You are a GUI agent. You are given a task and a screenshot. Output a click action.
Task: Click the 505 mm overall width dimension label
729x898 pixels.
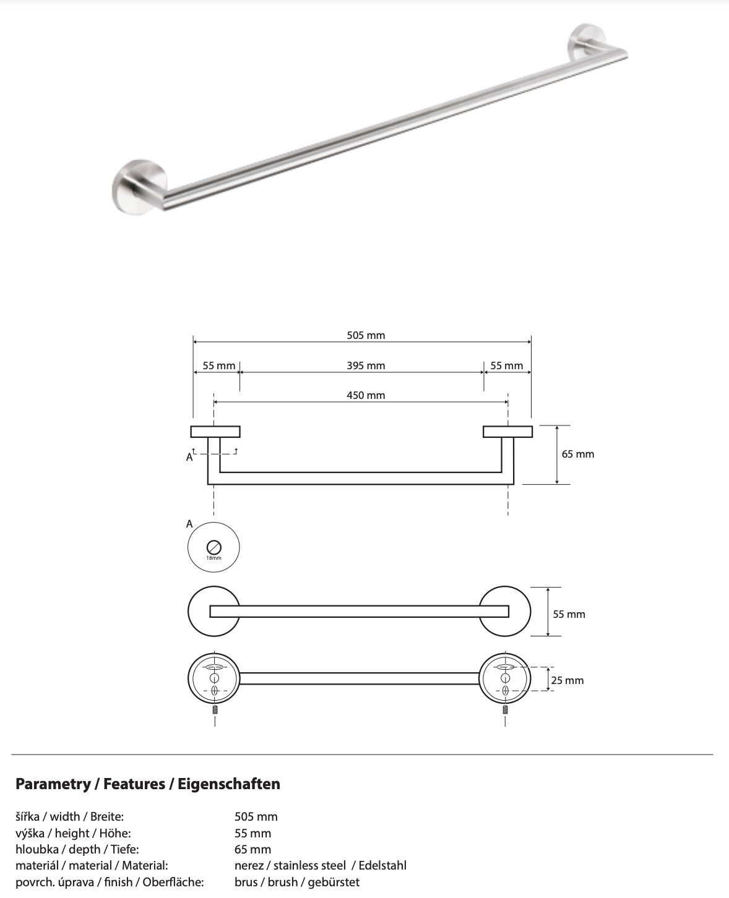click(366, 336)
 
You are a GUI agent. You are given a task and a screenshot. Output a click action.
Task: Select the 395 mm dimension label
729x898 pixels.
click(366, 366)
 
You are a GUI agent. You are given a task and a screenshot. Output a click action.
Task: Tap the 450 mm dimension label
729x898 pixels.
click(366, 396)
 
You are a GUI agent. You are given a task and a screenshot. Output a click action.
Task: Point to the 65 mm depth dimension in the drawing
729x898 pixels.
click(577, 455)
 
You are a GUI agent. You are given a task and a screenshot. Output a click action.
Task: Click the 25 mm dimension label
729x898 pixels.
click(567, 681)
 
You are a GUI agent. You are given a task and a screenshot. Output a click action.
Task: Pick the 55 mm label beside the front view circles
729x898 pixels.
click(569, 615)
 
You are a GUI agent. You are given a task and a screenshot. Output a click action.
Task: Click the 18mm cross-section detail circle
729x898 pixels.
click(214, 548)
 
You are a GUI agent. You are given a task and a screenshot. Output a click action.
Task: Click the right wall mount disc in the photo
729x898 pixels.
click(584, 42)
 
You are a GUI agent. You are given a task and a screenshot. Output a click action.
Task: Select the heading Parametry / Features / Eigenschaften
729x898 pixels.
click(147, 784)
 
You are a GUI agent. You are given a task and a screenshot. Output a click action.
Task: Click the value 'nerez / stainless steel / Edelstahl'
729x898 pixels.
click(320, 866)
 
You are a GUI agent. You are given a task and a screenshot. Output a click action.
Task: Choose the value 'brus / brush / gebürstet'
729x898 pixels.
click(296, 883)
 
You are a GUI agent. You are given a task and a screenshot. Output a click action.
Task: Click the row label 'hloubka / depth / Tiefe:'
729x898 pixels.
click(77, 850)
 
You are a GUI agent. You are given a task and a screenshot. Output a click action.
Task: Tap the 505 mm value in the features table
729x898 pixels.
click(256, 817)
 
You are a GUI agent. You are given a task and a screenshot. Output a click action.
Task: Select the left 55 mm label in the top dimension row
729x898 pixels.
click(219, 366)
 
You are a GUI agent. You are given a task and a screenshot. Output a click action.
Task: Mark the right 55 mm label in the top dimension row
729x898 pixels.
click(506, 366)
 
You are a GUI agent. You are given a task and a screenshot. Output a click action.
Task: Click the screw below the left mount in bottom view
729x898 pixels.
click(215, 709)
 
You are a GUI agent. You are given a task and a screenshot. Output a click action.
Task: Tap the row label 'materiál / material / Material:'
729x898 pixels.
click(92, 866)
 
